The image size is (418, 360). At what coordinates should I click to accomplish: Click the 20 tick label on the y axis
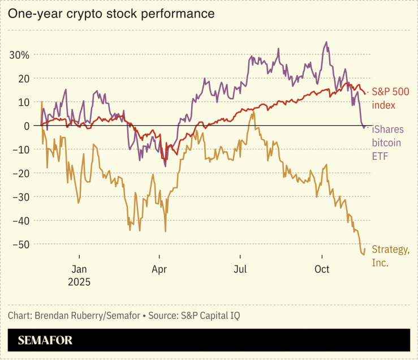point(23,79)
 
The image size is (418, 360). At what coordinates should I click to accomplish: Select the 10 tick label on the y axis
point(23,102)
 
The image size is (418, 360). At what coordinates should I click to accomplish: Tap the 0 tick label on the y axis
point(26,126)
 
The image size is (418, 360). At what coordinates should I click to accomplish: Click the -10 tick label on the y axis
point(20,149)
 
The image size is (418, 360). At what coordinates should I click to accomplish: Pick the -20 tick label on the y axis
point(20,173)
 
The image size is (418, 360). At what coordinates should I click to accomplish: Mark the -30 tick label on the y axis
point(20,197)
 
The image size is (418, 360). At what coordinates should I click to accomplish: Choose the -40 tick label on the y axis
point(20,221)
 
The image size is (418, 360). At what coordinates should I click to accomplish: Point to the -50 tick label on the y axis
point(20,245)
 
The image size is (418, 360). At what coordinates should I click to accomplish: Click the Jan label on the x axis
point(79,269)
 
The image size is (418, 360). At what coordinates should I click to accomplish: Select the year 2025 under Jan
point(79,281)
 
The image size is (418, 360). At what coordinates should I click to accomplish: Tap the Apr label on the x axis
point(160,269)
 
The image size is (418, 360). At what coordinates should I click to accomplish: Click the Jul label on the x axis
point(240,269)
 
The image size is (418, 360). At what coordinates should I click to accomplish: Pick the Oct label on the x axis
point(321,269)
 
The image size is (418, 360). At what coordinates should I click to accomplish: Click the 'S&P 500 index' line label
point(390,98)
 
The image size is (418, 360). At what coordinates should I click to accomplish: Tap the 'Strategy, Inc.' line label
point(390,256)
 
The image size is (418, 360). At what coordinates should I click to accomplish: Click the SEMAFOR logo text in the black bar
point(45,341)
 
